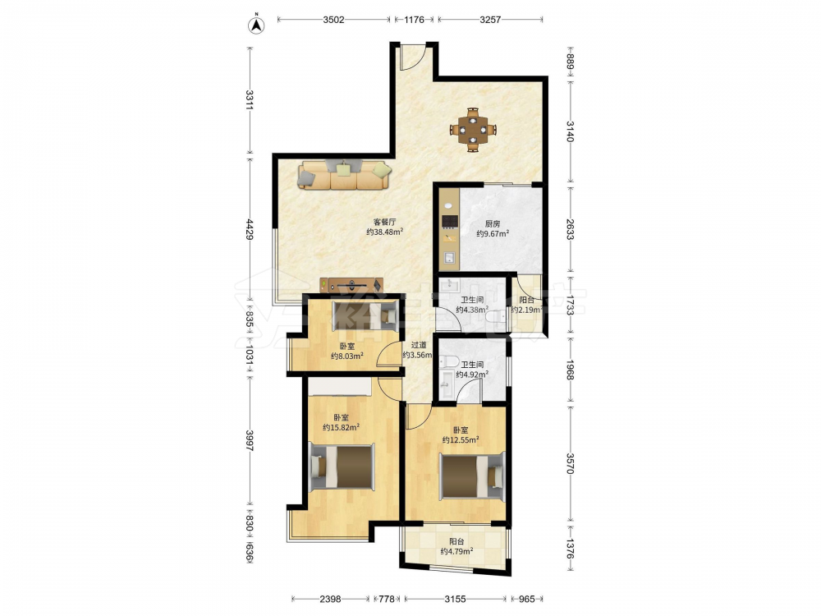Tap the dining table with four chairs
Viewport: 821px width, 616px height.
coord(473,130)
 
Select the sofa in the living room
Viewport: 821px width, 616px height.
coord(345,175)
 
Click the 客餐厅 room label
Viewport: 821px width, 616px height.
coord(384,222)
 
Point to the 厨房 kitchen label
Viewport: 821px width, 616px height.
coord(493,223)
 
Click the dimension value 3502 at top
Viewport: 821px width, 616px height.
coord(333,20)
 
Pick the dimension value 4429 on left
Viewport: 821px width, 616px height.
coord(250,229)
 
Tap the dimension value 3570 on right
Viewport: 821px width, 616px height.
coord(571,464)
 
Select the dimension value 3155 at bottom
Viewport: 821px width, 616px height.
coord(455,599)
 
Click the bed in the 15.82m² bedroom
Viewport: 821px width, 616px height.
coord(342,467)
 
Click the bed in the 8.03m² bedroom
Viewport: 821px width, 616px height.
coord(365,315)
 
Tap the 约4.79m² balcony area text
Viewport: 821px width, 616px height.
coord(457,551)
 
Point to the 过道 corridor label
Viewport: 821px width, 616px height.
coord(419,345)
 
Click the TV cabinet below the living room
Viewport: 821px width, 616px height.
coord(351,285)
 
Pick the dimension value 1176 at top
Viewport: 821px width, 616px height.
coord(414,20)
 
